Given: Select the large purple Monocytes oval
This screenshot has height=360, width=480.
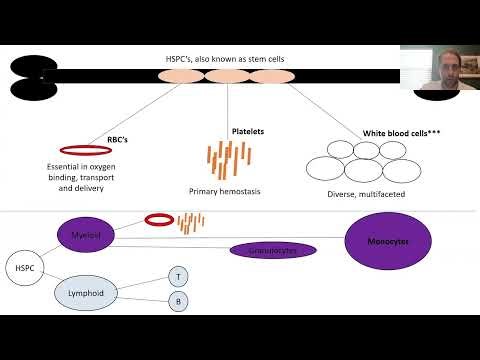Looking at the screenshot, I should point(397,242).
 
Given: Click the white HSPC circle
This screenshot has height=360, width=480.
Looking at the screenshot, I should point(21,268).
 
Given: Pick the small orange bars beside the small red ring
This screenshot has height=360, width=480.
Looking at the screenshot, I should point(191,221).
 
